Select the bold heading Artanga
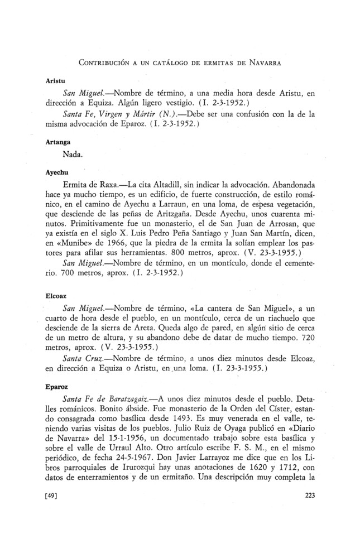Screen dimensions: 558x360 pyautogui.click(x=56, y=142)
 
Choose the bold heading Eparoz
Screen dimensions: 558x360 pyautogui.click(x=55, y=384)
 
